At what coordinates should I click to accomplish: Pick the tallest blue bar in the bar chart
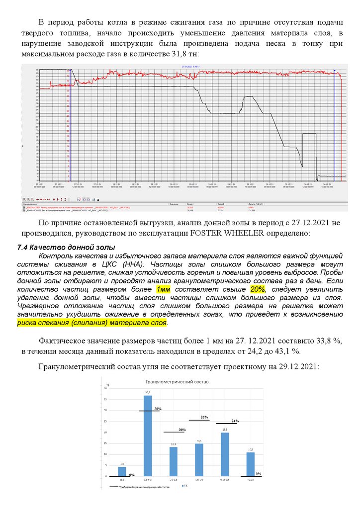pyautogui.click(x=148, y=435)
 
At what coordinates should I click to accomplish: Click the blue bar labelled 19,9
pyautogui.click(x=225, y=454)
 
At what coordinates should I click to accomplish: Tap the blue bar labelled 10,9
pyautogui.click(x=251, y=464)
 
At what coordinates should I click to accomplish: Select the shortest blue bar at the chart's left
pyautogui.click(x=122, y=471)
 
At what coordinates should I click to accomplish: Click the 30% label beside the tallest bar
pyautogui.click(x=158, y=409)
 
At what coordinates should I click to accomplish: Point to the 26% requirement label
pyautogui.click(x=203, y=417)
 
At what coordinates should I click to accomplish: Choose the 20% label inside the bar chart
pyautogui.click(x=182, y=429)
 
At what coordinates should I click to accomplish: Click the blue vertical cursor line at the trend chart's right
pyautogui.click(x=335, y=124)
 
